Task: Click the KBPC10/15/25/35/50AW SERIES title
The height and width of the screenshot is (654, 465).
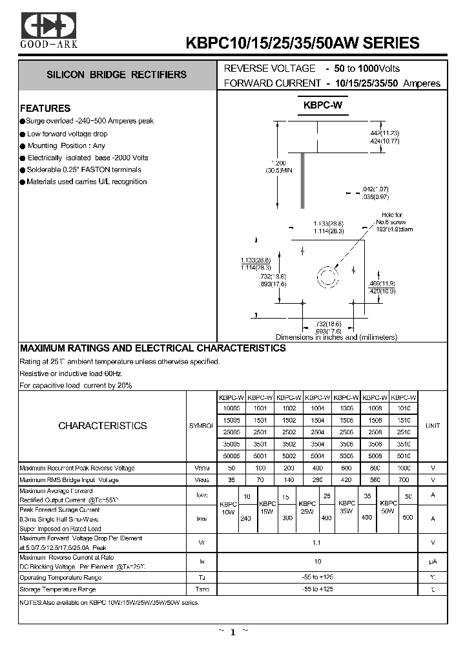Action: click(302, 43)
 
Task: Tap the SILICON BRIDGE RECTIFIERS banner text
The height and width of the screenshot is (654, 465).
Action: click(116, 75)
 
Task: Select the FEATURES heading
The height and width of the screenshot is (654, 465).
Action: click(45, 108)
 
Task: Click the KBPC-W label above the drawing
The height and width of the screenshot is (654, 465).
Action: click(322, 105)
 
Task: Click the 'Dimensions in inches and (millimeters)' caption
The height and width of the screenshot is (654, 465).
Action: click(336, 337)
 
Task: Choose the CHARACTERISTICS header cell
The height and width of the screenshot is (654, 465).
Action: click(103, 426)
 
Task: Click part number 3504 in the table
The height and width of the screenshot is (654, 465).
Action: click(318, 444)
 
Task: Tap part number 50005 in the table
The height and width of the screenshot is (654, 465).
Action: click(231, 455)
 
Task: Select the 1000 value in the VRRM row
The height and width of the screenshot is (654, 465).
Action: click(404, 468)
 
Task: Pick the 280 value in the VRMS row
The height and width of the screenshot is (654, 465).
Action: click(318, 480)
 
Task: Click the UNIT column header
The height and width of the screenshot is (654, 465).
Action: click(432, 426)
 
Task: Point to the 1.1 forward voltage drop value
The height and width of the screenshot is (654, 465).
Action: click(318, 543)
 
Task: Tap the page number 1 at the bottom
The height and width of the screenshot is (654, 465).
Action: click(232, 633)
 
